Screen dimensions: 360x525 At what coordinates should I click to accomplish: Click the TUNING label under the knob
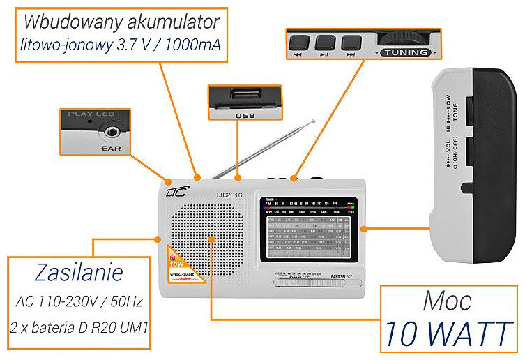(404, 52)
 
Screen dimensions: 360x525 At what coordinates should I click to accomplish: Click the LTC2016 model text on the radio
(229, 195)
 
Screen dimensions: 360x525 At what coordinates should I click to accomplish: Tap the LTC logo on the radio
(175, 190)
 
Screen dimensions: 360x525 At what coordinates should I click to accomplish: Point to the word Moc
(447, 301)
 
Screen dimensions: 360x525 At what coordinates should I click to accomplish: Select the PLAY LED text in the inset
(90, 113)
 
